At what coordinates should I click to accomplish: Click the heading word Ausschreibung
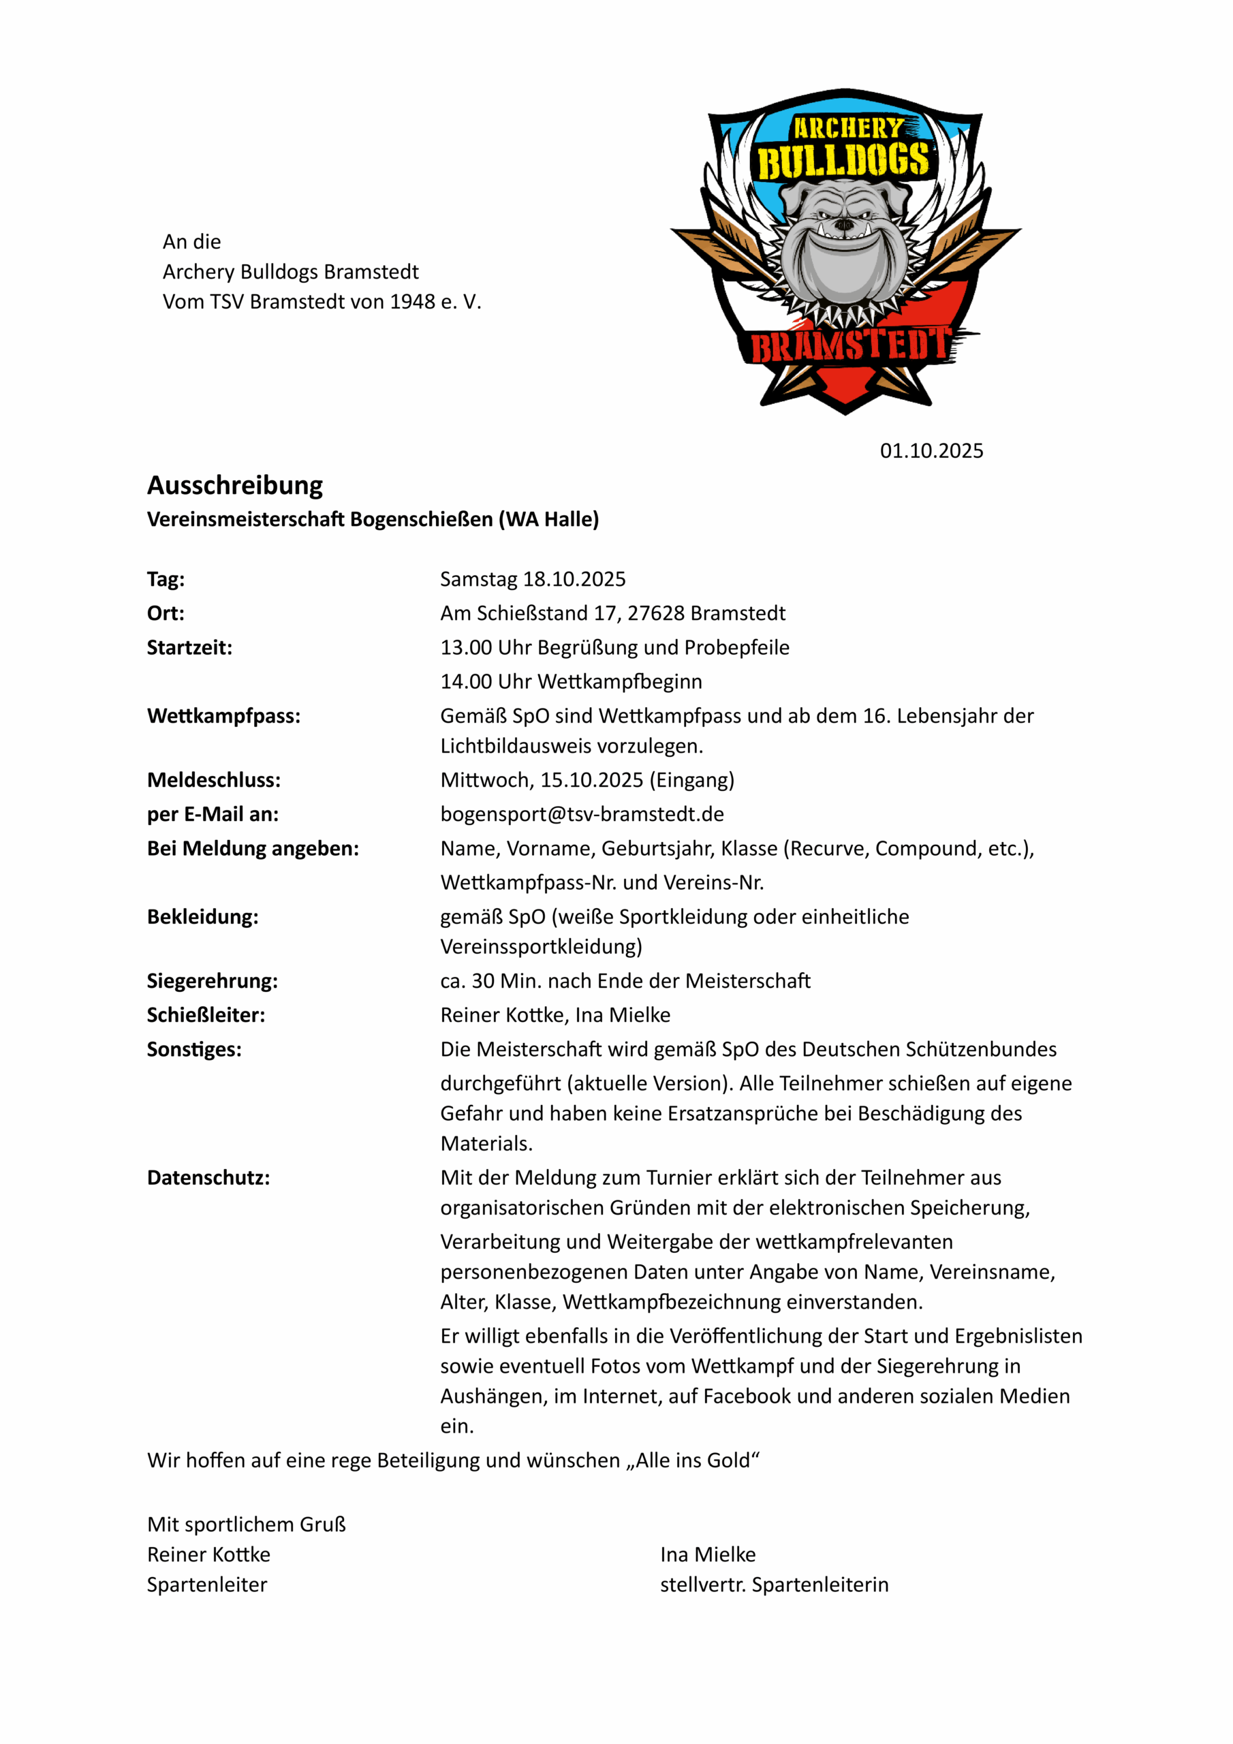pos(235,484)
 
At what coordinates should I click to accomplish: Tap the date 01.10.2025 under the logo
pos(931,450)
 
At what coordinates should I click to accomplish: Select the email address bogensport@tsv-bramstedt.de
pos(582,814)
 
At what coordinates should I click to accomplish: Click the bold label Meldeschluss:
pos(213,780)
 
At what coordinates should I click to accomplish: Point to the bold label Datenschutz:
pos(208,1177)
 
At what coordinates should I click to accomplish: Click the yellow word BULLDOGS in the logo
pos(843,161)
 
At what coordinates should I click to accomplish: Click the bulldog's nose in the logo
pos(843,225)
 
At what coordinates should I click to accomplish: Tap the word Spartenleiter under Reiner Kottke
pos(206,1585)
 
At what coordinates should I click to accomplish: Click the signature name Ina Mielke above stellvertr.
pos(707,1554)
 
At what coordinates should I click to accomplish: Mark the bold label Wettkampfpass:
pos(223,715)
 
